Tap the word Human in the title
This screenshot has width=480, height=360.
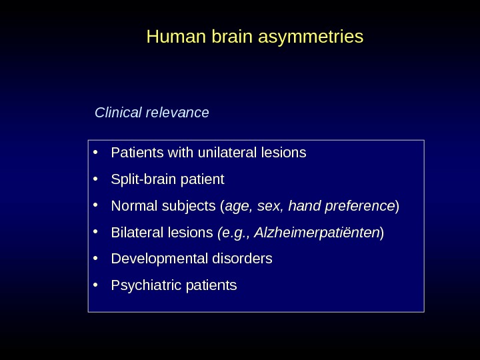[168, 36]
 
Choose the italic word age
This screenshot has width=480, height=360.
[237, 207]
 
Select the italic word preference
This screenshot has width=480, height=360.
[360, 207]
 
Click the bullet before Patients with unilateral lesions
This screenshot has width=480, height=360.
[97, 153]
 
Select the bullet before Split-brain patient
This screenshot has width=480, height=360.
[97, 179]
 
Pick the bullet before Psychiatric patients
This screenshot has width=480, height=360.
[97, 285]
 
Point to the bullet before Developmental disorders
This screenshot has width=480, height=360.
[97, 258]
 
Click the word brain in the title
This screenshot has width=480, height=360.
[229, 36]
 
